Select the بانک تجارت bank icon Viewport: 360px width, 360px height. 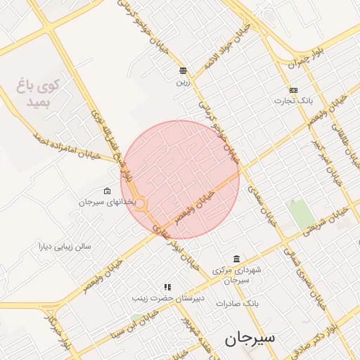(x=293, y=90)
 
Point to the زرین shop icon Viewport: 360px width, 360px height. (x=183, y=70)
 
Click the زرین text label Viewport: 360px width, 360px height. (x=183, y=81)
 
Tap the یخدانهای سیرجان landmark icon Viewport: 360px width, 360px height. (x=107, y=191)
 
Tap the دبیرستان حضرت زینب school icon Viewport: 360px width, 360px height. (x=167, y=287)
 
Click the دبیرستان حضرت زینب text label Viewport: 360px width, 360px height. (x=168, y=298)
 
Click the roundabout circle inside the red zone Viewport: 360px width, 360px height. (x=141, y=204)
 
